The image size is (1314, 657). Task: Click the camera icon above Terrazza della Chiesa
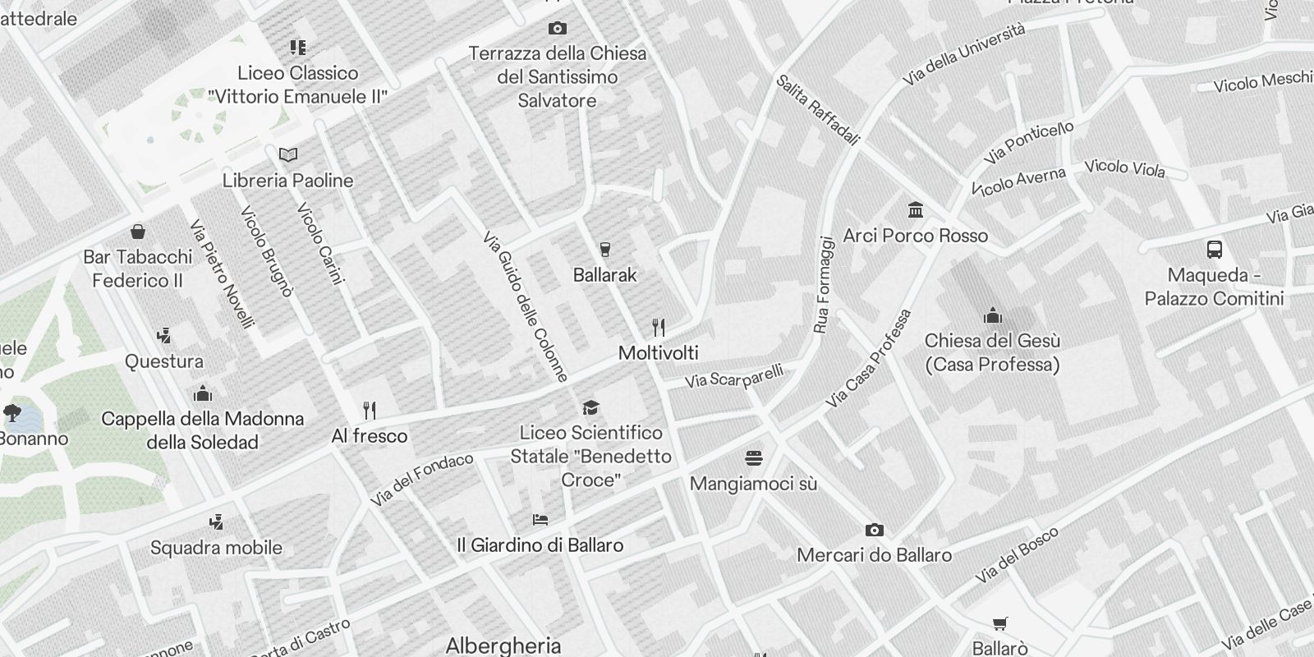[x=557, y=29]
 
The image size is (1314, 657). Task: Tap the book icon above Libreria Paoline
[x=288, y=154]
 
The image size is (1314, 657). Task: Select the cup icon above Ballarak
[x=605, y=250]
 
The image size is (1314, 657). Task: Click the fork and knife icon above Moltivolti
[x=659, y=328]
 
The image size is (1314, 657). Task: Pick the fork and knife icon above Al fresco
[x=370, y=410]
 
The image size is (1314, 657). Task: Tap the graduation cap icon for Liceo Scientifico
[x=590, y=407]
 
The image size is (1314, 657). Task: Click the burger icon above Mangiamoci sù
[x=754, y=457]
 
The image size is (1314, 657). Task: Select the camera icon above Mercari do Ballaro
[x=875, y=531]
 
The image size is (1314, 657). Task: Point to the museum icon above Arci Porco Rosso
[x=916, y=210]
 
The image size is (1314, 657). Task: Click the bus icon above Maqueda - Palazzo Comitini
[x=1215, y=250]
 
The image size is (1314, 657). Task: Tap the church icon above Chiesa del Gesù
[x=993, y=315]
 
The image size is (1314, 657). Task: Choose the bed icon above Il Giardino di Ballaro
[x=540, y=519]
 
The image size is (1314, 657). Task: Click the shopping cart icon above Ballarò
[x=1000, y=624]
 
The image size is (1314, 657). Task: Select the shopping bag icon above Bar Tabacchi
[x=138, y=232]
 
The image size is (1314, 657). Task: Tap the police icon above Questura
[x=164, y=336]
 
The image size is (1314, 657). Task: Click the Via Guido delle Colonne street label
[x=526, y=307]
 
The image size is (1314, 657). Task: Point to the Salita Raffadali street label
[x=817, y=110]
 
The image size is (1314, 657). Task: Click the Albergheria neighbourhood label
[x=503, y=646]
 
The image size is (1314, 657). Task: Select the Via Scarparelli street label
[x=734, y=377]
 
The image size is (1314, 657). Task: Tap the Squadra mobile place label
[x=216, y=548]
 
